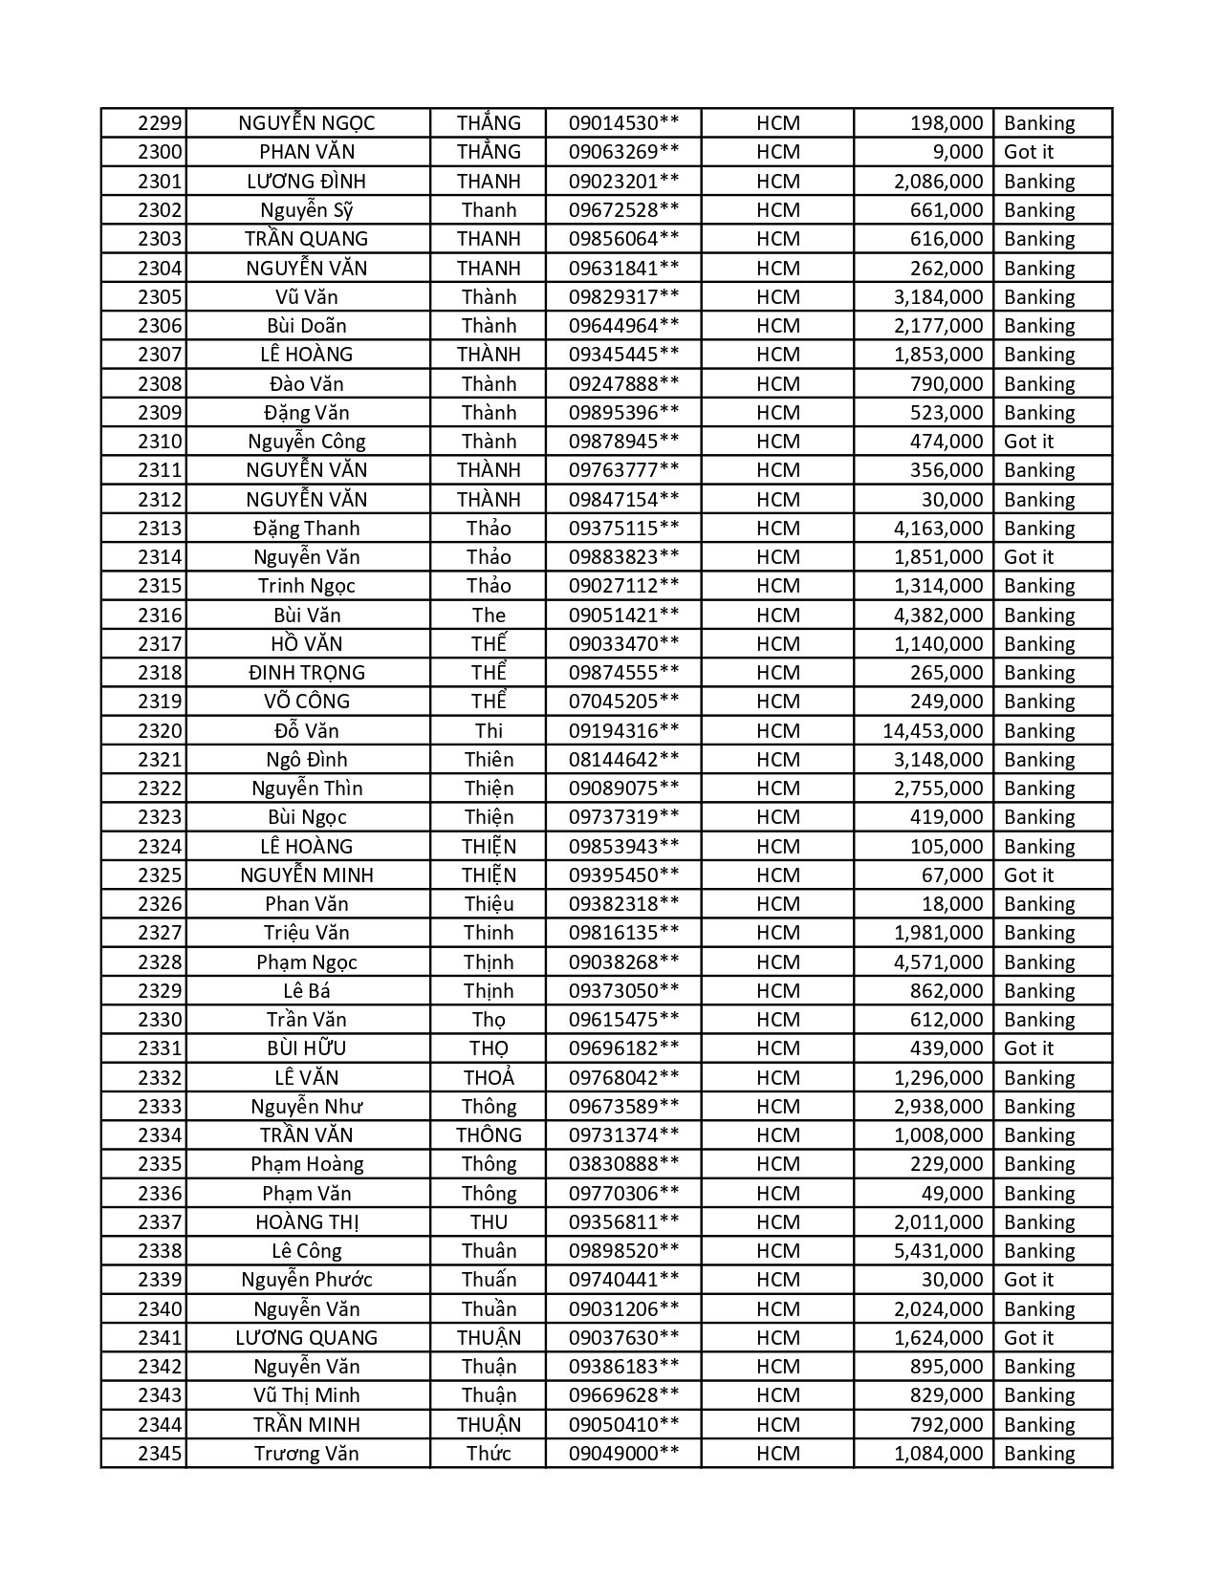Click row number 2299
tap(159, 123)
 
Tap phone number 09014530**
tap(623, 123)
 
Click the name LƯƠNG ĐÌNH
tap(306, 182)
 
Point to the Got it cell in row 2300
tap(1029, 152)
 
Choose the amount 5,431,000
tap(938, 1251)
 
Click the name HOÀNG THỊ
tap(306, 1222)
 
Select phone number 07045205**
tap(623, 702)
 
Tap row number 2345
tap(159, 1454)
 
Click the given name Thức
tap(489, 1454)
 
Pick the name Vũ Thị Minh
tap(306, 1395)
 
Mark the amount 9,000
tap(957, 152)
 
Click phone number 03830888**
tap(623, 1164)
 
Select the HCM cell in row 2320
tap(777, 731)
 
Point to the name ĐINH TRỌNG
tap(306, 673)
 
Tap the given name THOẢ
tap(489, 1078)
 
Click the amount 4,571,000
tap(938, 962)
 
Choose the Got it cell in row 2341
tap(1029, 1338)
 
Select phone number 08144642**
tap(623, 760)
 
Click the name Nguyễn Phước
tap(306, 1280)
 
